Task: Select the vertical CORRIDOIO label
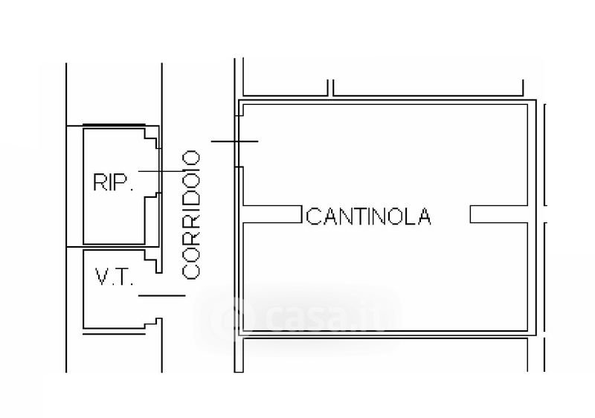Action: [192, 214]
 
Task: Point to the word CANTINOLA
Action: [368, 216]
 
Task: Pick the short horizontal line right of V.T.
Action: [161, 296]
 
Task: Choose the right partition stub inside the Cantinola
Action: [498, 213]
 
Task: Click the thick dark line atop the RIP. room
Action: [113, 125]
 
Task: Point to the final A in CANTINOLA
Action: [424, 216]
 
